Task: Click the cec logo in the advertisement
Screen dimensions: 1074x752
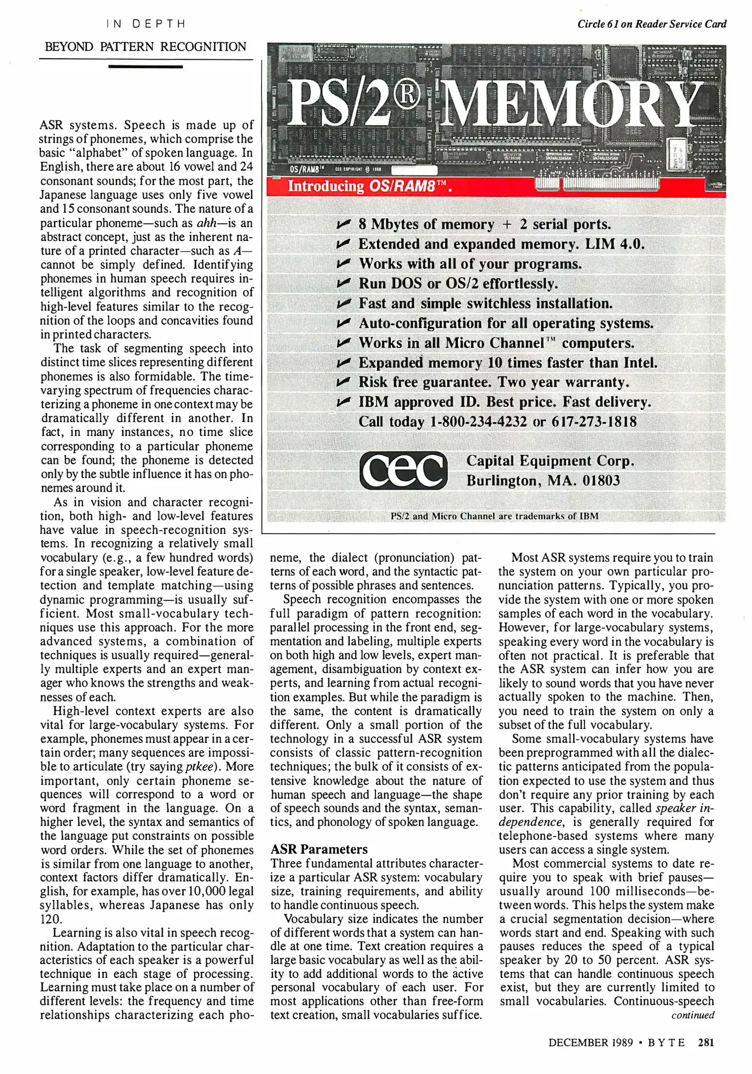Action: (x=403, y=470)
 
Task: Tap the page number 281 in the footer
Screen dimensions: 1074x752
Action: (x=706, y=1042)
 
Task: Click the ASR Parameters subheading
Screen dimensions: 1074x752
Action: (x=319, y=849)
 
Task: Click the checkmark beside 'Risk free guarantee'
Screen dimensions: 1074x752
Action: (x=344, y=382)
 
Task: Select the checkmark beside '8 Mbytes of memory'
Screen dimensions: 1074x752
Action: (x=344, y=224)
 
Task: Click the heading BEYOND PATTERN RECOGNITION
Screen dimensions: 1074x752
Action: (x=146, y=47)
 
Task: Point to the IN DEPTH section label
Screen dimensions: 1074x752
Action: (x=146, y=24)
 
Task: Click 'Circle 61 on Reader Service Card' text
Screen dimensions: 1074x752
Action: (x=651, y=24)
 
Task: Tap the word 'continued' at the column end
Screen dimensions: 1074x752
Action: (x=692, y=1015)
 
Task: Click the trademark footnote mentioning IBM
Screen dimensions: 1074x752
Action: (x=494, y=516)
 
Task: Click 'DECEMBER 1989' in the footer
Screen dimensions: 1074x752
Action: (x=591, y=1042)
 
